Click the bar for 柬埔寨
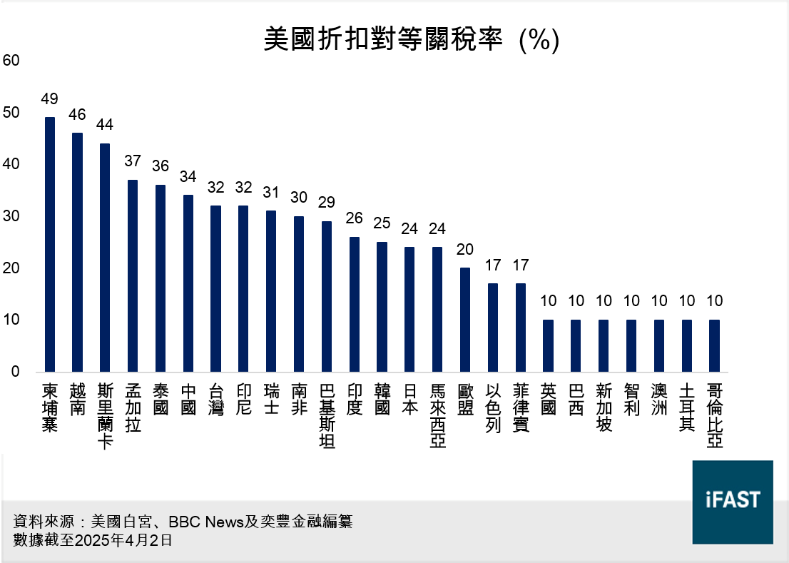[49, 245]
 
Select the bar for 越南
[77, 253]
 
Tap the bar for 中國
[188, 283]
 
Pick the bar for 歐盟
[464, 320]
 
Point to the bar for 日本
[409, 310]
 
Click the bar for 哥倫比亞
[714, 346]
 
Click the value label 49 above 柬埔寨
[49, 99]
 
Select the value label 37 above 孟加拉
[133, 161]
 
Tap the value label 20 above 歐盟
[464, 250]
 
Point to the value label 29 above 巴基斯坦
[326, 203]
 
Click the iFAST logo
[733, 502]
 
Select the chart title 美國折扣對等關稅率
[386, 39]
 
